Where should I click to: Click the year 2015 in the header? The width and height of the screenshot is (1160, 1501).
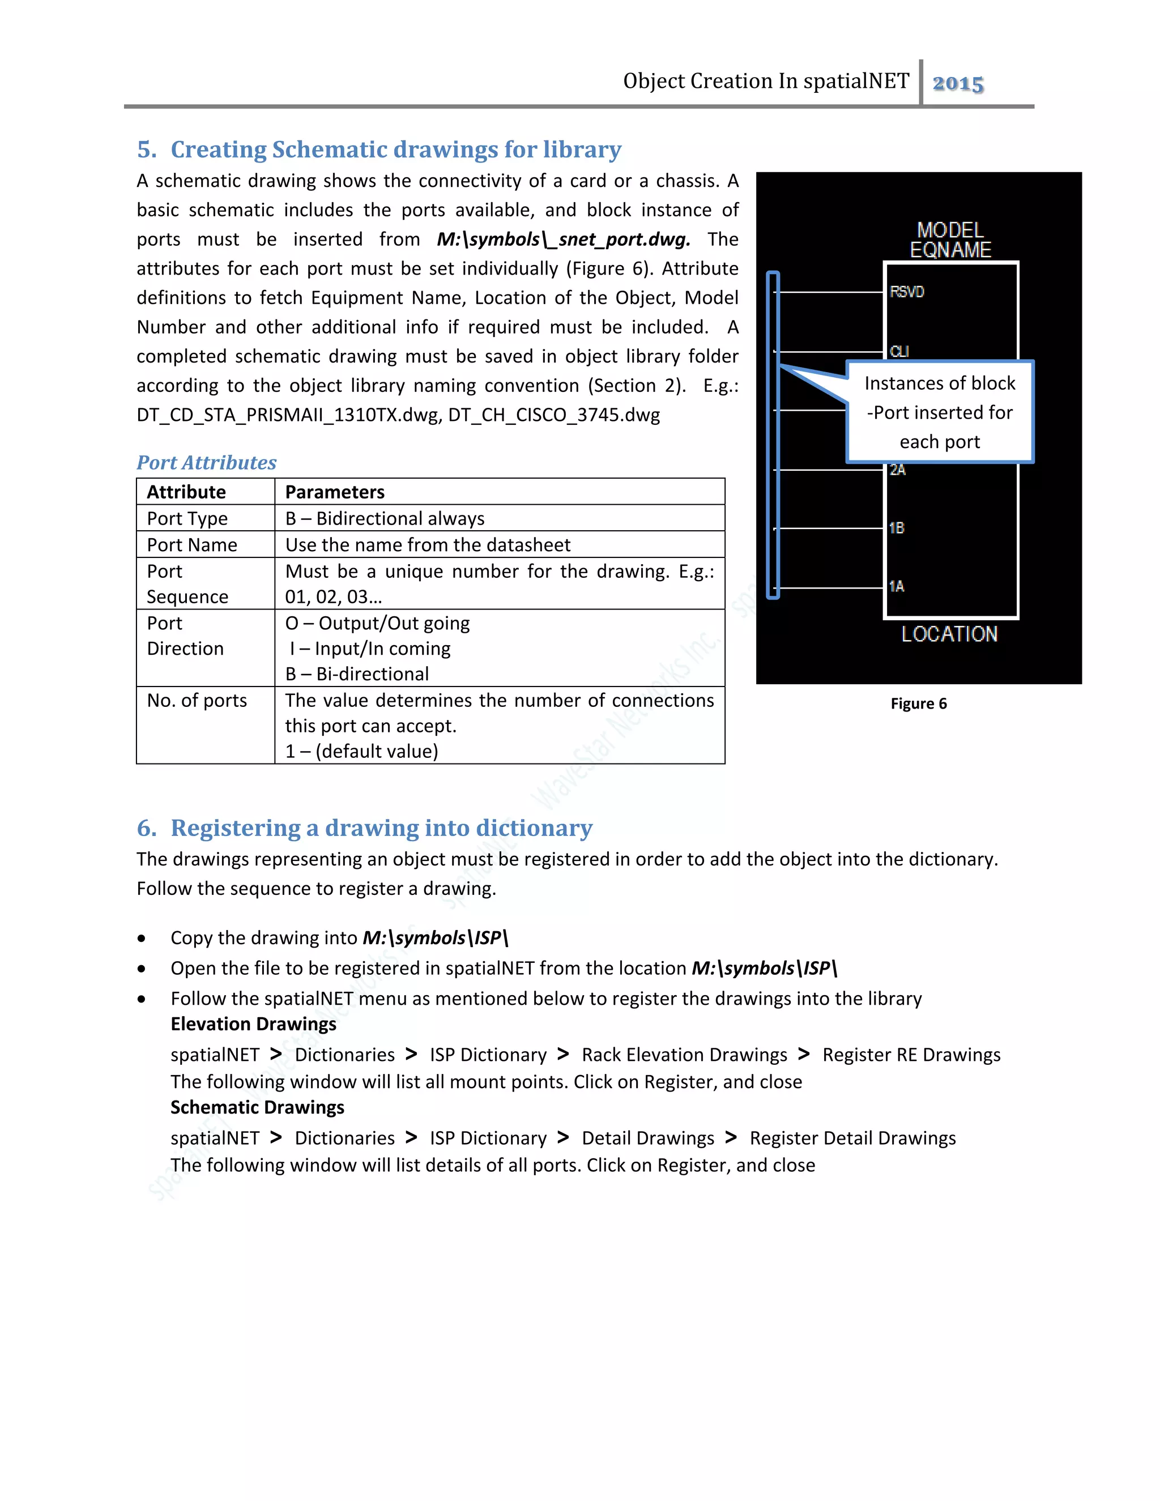[957, 83]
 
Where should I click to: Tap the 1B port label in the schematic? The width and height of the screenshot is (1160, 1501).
[896, 528]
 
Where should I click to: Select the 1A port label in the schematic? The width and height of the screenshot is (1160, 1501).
[896, 586]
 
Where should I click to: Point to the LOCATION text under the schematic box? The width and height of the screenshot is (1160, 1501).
[949, 634]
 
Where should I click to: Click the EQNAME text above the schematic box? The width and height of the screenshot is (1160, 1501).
[950, 250]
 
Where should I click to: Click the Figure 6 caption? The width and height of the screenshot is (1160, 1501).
[918, 703]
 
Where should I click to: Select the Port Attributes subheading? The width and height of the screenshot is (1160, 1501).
[206, 463]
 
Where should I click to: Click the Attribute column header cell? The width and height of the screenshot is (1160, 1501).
[186, 492]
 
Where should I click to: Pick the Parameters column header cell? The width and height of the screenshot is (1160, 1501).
[335, 492]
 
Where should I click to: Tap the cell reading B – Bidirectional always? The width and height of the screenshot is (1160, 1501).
[385, 518]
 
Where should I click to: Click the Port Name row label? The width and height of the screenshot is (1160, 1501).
[192, 545]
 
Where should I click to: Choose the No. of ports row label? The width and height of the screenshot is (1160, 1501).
[197, 700]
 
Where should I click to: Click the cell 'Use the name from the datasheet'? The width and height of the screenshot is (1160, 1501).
[428, 545]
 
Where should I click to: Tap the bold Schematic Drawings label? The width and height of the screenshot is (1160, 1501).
[257, 1107]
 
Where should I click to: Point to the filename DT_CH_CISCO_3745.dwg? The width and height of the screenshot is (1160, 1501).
[554, 415]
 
